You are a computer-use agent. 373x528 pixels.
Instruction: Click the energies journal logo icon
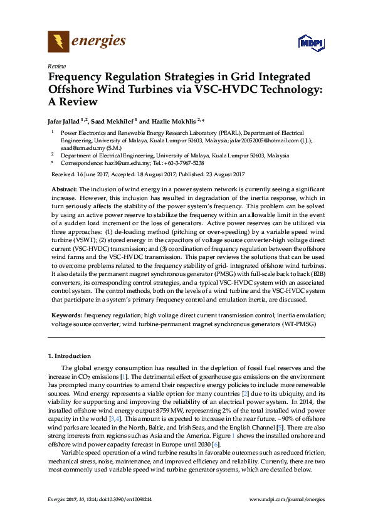(x=58, y=41)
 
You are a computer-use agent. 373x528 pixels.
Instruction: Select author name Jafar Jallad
(x=67, y=121)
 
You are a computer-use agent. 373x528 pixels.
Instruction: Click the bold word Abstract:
(x=64, y=189)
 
